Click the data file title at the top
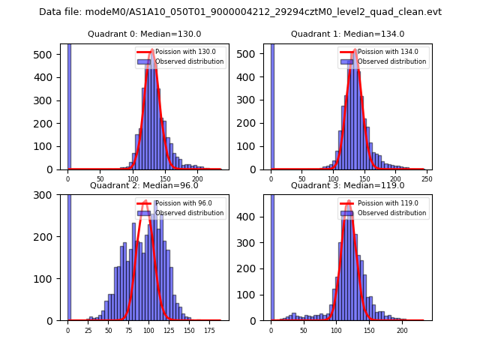pyautogui.click(x=240, y=12)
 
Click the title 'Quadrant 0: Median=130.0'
pyautogui.click(x=144, y=34)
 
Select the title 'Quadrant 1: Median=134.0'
pyautogui.click(x=347, y=34)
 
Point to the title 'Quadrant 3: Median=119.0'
pyautogui.click(x=347, y=185)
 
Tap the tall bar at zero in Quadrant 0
pyautogui.click(x=68, y=105)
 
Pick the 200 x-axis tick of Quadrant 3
pyautogui.click(x=402, y=330)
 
